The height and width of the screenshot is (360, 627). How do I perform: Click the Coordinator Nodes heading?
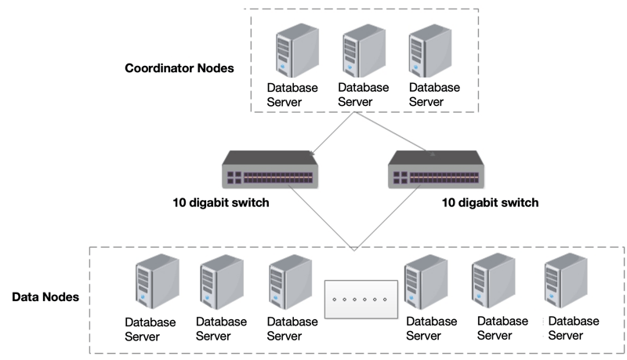click(179, 68)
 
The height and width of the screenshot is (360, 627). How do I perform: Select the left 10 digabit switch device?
click(270, 169)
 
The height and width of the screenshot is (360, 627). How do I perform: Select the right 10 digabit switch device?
click(436, 169)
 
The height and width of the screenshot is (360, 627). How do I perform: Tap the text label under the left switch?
click(222, 202)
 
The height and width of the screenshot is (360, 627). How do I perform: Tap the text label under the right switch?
click(490, 202)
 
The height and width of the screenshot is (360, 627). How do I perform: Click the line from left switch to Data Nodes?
click(321, 220)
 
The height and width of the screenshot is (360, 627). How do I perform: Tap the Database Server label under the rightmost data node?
click(574, 328)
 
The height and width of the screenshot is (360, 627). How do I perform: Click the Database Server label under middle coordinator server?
click(363, 94)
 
